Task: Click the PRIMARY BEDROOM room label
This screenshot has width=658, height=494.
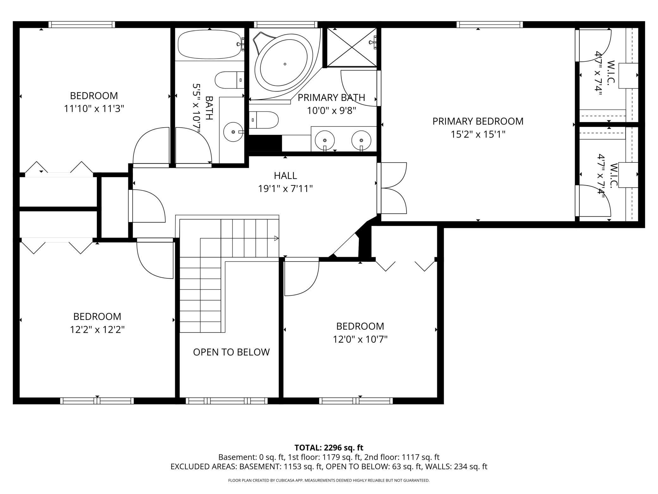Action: coord(478,121)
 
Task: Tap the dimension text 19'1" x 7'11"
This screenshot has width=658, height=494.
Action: coord(285,189)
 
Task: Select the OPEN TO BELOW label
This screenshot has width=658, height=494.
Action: coord(231,352)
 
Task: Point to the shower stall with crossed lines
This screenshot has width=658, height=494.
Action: coord(351,47)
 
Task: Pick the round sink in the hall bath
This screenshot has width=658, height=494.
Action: coord(233,132)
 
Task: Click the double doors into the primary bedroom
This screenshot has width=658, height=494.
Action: coord(392,188)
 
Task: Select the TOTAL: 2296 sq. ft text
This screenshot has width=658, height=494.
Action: coord(329,448)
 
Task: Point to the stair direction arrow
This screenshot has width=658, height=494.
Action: coord(276,238)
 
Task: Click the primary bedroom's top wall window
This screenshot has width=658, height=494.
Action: coord(489,24)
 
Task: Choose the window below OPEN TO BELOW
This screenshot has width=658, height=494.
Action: coord(227,401)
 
